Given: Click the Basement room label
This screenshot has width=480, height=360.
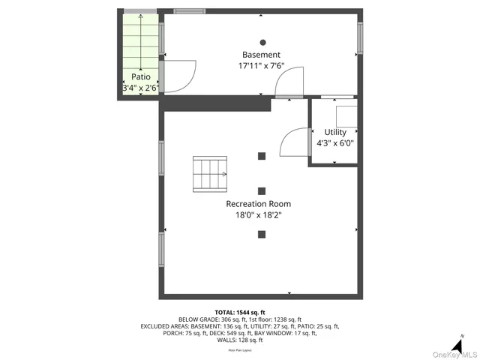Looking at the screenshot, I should point(261,55).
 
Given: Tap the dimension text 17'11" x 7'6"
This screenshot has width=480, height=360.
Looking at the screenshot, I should point(261,66).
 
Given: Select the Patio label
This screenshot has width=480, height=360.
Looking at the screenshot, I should point(140,76).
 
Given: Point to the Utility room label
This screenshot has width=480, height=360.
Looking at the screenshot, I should point(334,133).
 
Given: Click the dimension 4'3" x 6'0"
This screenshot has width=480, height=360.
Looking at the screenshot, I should point(334,143).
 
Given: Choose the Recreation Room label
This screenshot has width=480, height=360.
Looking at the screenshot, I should point(259,204).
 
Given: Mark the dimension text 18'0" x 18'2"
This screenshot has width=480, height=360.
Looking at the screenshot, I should point(259,215).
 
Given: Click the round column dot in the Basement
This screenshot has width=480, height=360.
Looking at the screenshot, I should point(262,42).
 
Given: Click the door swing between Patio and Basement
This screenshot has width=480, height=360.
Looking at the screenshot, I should point(178,76).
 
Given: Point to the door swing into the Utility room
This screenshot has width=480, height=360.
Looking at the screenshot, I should point(295,142).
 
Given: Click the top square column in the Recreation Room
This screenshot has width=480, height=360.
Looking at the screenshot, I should point(262,156).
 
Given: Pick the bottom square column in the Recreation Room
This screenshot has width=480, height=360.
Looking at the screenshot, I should point(262,235).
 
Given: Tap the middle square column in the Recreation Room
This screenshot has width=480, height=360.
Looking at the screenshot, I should point(262,190).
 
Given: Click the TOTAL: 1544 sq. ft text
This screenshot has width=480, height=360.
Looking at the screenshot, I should point(240,312).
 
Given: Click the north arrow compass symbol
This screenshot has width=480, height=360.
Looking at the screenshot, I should point(457,342).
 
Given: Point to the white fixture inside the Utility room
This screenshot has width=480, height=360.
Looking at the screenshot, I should point(346,116).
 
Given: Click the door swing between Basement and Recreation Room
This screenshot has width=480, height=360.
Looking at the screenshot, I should point(290,83).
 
